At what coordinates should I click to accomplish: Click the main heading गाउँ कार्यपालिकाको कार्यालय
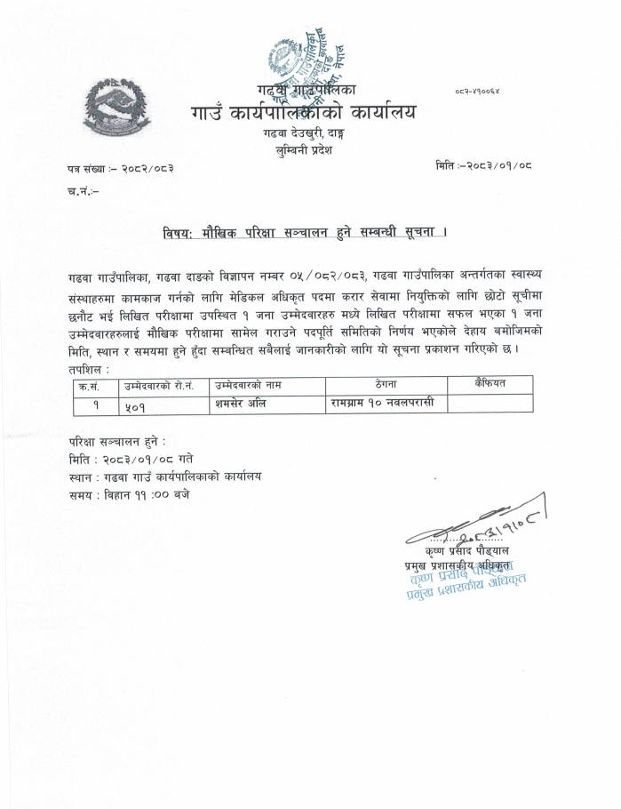click(301, 114)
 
